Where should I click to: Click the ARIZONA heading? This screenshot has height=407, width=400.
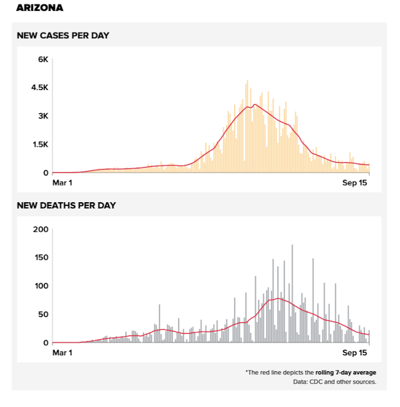[39, 9]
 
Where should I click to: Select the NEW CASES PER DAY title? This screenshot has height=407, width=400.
[63, 36]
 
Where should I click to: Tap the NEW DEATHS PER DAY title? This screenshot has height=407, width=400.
[66, 205]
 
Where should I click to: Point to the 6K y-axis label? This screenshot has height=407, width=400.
[43, 59]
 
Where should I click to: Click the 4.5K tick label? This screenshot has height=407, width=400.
[40, 87]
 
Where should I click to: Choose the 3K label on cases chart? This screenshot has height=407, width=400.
[43, 116]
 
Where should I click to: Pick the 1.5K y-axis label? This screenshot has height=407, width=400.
[40, 144]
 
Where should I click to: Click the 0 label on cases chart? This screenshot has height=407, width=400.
[45, 173]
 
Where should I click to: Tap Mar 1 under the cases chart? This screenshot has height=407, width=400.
[63, 183]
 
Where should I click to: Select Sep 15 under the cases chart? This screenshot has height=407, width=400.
[355, 183]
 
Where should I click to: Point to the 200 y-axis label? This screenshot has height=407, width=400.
[40, 230]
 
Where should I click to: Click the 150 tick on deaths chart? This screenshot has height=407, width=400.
[40, 258]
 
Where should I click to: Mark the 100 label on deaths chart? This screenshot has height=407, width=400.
[40, 286]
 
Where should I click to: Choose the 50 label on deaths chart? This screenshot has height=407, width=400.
[42, 314]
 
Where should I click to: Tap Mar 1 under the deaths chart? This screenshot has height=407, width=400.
[63, 353]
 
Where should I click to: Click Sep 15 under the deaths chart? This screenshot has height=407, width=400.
[355, 353]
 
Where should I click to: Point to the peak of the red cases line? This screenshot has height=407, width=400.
[255, 105]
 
